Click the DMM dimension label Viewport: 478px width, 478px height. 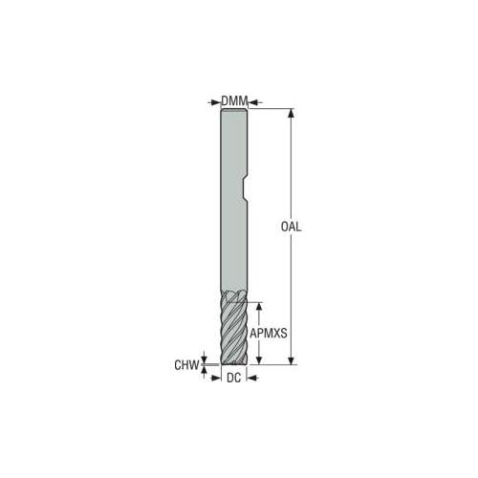tap(234, 101)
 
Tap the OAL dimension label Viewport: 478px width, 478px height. tap(291, 227)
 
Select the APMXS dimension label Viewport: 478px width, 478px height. tap(269, 334)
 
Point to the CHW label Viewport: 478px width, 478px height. tap(186, 365)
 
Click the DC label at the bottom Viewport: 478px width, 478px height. tap(233, 378)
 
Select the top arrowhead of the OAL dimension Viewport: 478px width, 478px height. tap(291, 113)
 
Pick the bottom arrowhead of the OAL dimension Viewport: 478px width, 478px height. tap(291, 360)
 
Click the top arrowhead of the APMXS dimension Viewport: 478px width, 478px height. tap(259, 307)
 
